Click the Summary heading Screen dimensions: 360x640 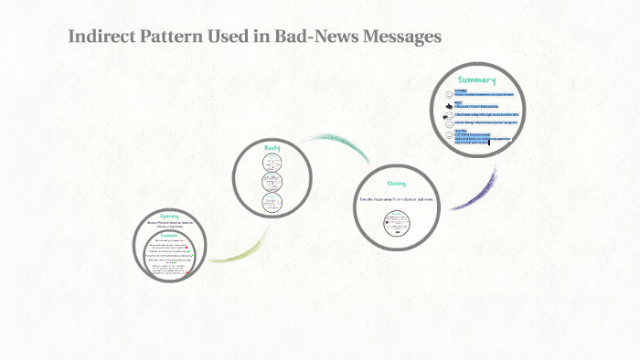point(476,80)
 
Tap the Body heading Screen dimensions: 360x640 point(272,148)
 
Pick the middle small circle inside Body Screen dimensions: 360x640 point(272,182)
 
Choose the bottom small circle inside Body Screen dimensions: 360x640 point(272,202)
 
